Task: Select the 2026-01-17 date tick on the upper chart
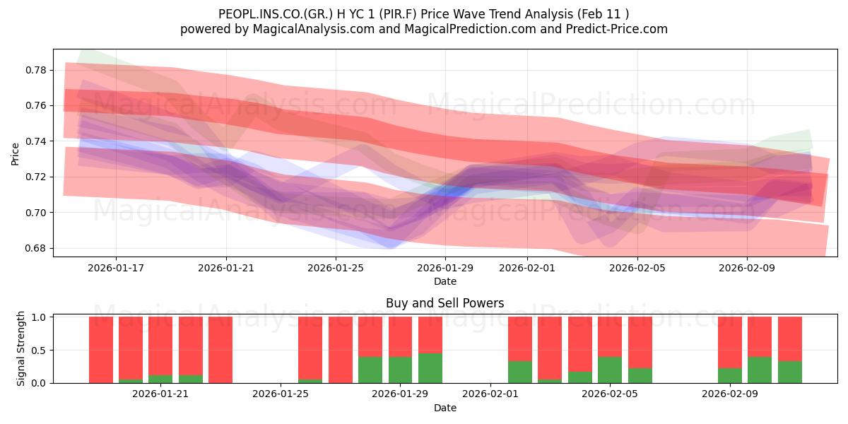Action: click(116, 268)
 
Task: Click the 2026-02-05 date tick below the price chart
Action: click(637, 268)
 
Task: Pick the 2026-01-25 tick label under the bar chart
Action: click(281, 394)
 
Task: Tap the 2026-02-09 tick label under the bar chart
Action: click(729, 394)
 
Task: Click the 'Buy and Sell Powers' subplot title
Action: click(444, 303)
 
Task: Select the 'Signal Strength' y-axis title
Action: click(21, 348)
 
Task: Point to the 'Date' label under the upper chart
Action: click(444, 281)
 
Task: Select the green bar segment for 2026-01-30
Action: click(430, 368)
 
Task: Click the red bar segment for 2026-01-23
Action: click(220, 350)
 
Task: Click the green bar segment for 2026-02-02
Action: click(520, 372)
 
